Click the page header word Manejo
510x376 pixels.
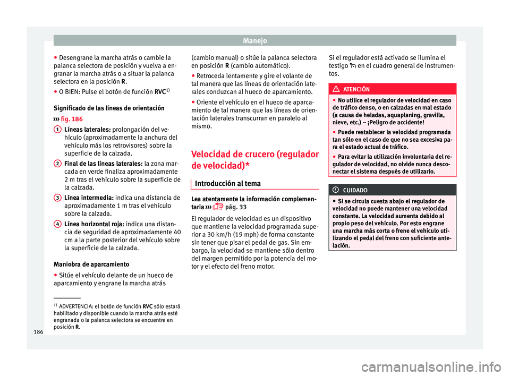point(254,40)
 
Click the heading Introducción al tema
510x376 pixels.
point(227,183)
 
